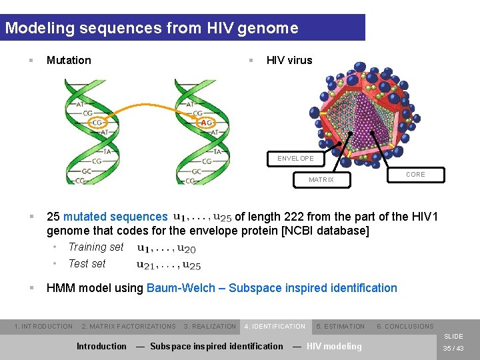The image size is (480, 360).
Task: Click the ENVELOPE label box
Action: pyautogui.click(x=295, y=159)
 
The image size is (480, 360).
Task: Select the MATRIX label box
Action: pyautogui.click(x=321, y=180)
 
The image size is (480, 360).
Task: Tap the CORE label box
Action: pyautogui.click(x=415, y=175)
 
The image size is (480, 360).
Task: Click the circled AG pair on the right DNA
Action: pyautogui.click(x=206, y=123)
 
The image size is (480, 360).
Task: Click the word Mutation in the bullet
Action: pyautogui.click(x=69, y=61)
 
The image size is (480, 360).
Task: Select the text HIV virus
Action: pyautogui.click(x=289, y=61)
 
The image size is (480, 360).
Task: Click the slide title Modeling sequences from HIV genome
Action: pyautogui.click(x=151, y=29)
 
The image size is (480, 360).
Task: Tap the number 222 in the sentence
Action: pyautogui.click(x=295, y=217)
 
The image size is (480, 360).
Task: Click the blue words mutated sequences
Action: pyautogui.click(x=115, y=217)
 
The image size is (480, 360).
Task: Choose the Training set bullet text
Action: pyautogui.click(x=96, y=247)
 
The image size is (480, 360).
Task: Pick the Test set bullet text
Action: pyautogui.click(x=87, y=264)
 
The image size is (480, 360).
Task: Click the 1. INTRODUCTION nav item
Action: pyautogui.click(x=43, y=327)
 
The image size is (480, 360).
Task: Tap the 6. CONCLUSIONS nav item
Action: pyautogui.click(x=405, y=327)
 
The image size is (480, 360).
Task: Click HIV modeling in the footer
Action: pyautogui.click(x=333, y=346)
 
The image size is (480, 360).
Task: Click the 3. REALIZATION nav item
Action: pyautogui.click(x=210, y=327)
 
